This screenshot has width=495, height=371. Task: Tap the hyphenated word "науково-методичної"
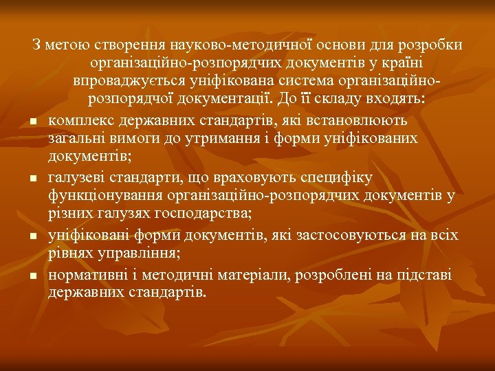click(x=237, y=45)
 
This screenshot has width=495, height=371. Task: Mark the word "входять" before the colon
click(x=399, y=99)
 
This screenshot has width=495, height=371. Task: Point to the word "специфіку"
click(x=337, y=177)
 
